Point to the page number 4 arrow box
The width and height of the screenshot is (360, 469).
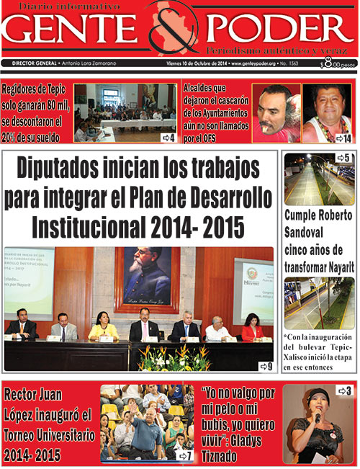point(168,137)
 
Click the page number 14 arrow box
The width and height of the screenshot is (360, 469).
point(343,138)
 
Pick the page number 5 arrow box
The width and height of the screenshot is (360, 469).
point(343,158)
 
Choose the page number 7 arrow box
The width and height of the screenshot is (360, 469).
point(184,455)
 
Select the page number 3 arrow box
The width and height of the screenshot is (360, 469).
point(344,391)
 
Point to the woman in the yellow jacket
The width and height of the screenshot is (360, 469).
point(104,329)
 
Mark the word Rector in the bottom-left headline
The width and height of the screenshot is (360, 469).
point(26,395)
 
